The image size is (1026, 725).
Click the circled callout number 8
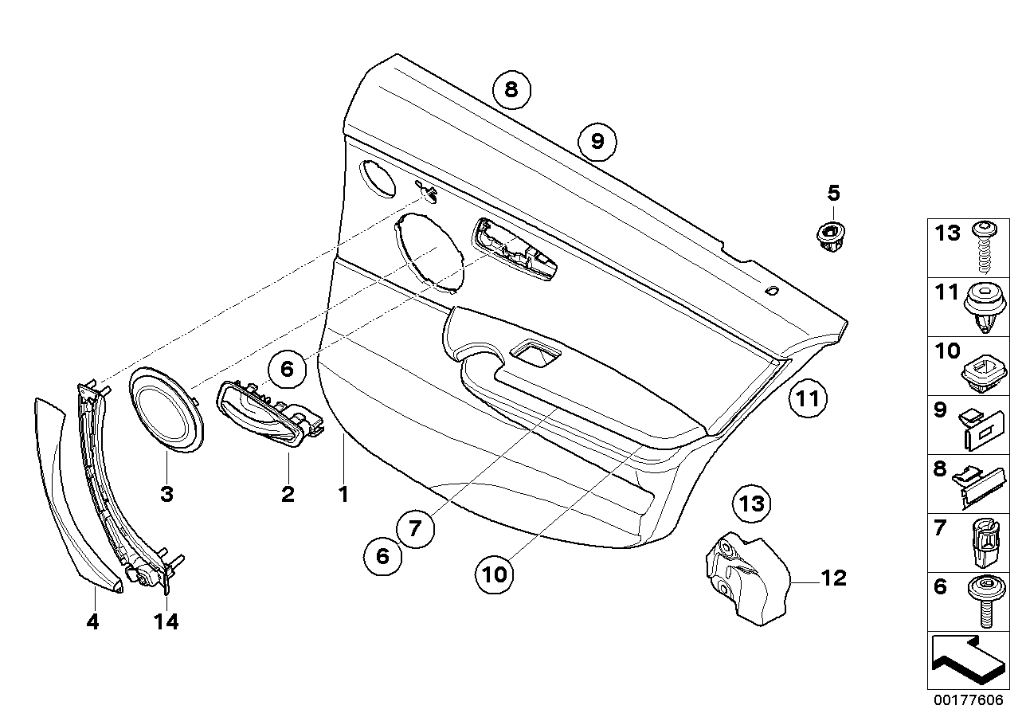click(x=511, y=89)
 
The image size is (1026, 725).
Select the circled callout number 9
click(x=597, y=142)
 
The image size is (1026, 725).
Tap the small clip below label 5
click(x=831, y=237)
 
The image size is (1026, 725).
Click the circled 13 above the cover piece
click(x=752, y=503)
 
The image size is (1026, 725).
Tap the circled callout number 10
click(x=494, y=574)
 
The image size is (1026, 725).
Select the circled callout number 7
click(x=414, y=527)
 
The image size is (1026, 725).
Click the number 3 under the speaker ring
click(x=166, y=495)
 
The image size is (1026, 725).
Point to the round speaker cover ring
click(x=167, y=409)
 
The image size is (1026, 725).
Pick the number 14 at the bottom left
click(x=166, y=621)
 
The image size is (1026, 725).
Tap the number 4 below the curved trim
click(x=93, y=621)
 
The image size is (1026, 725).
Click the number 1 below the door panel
click(x=343, y=495)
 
